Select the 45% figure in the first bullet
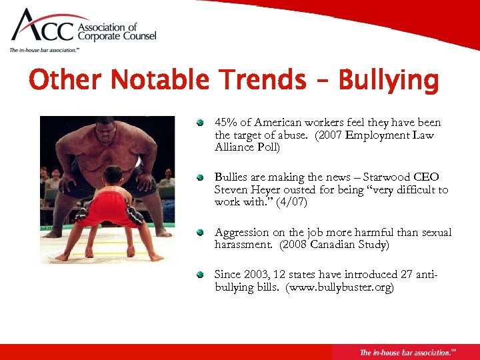pyautogui.click(x=226, y=123)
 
